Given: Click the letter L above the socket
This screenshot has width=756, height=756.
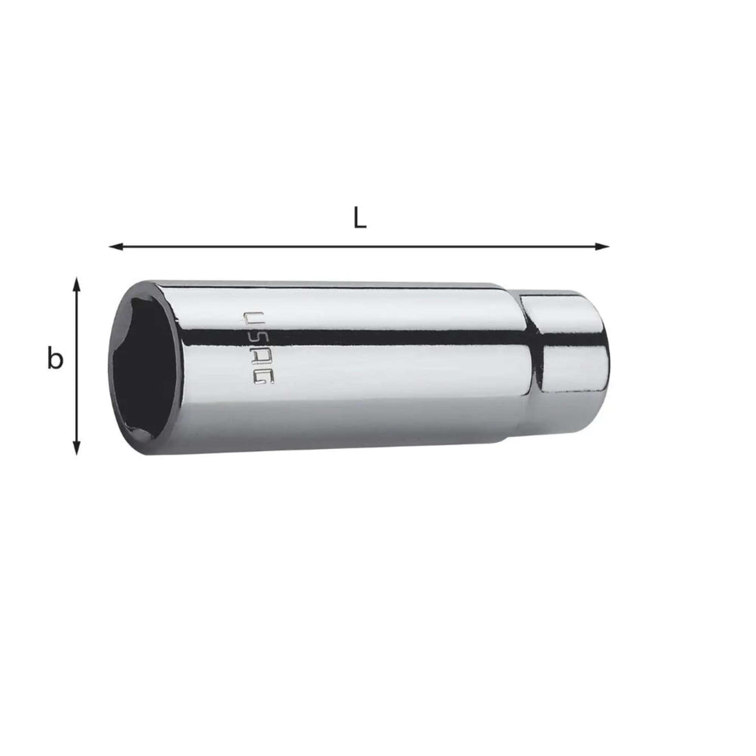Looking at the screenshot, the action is click(360, 218).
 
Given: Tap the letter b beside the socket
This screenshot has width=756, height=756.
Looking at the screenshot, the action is click(55, 358).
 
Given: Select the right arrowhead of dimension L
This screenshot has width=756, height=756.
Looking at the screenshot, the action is click(602, 247).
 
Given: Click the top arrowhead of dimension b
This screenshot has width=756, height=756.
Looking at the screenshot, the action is click(76, 284).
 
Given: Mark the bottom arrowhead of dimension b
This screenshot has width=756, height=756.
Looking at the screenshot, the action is click(76, 448).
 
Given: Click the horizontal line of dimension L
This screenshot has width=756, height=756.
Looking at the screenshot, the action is click(360, 247).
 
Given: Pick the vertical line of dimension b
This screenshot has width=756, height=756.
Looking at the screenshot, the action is click(76, 366).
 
